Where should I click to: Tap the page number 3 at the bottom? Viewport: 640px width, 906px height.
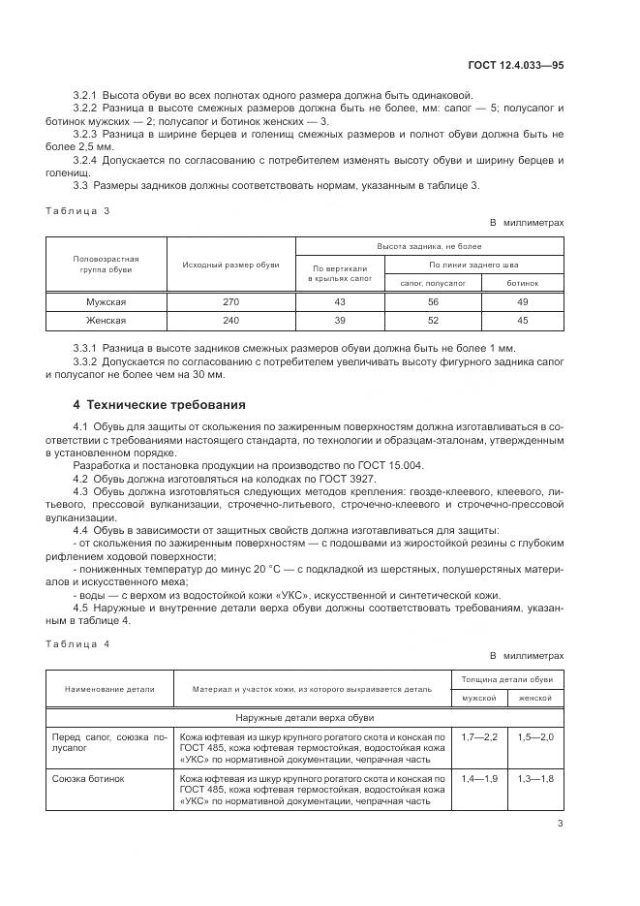pos(560,825)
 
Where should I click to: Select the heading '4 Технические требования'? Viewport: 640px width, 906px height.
pos(160,404)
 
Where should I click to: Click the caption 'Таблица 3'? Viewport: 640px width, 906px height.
pos(78,210)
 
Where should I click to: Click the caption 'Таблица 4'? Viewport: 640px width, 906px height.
pos(78,643)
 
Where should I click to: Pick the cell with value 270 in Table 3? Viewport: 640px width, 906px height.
pos(230,302)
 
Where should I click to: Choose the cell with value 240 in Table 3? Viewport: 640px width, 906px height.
pos(230,321)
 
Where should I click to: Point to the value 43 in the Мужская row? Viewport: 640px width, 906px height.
pos(339,302)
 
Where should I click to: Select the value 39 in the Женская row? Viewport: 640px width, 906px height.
pos(339,321)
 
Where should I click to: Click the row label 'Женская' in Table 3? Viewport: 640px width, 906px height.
pos(107,321)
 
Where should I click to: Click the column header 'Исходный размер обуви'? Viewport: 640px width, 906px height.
pos(230,265)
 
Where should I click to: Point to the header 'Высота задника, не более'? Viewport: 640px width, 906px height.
pos(430,247)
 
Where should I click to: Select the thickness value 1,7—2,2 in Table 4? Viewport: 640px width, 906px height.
pos(478,737)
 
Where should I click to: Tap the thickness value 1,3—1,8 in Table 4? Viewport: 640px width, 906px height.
pos(534,778)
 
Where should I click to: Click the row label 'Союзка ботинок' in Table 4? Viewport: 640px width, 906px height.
pos(82,778)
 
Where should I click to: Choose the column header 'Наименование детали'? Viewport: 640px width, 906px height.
pos(109,688)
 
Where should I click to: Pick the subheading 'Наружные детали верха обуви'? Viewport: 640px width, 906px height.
pos(303,718)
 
